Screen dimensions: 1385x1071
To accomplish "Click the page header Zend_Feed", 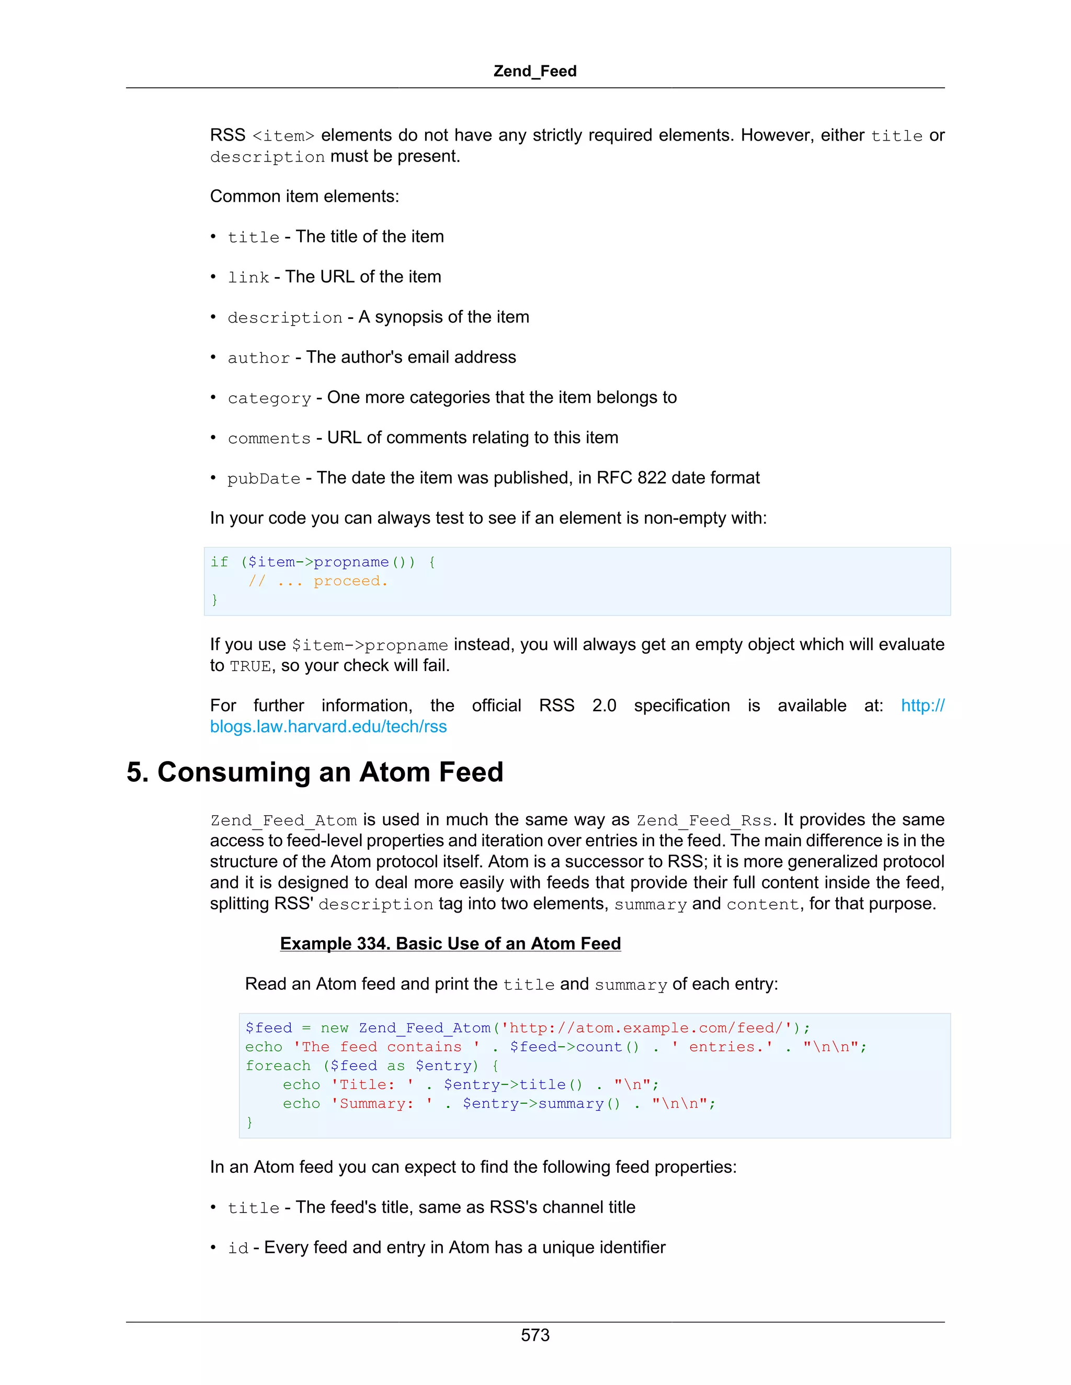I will pos(535,71).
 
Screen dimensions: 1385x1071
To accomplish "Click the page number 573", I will pos(535,1335).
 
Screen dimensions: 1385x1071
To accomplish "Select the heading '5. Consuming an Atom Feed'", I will pos(315,772).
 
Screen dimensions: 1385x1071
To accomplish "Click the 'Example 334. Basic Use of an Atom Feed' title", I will pos(450,943).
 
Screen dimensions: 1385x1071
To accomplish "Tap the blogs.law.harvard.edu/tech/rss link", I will pos(328,727).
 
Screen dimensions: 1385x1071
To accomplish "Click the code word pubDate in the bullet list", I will pos(264,479).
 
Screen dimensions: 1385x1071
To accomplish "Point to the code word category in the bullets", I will pos(269,398).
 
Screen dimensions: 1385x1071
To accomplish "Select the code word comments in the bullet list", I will pos(269,438).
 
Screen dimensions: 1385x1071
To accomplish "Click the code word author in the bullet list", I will pos(258,359).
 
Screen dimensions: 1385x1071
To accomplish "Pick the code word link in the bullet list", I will pos(248,278).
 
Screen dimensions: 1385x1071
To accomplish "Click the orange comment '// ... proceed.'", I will pos(317,581).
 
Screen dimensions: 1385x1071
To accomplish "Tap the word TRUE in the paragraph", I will pos(250,666).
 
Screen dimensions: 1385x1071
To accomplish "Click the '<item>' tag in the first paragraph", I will pos(283,136).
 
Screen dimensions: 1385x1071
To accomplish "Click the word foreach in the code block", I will pos(278,1066).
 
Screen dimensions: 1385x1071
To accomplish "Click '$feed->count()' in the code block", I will pos(574,1047).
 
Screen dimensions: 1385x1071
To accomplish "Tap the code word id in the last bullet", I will pos(238,1249).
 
